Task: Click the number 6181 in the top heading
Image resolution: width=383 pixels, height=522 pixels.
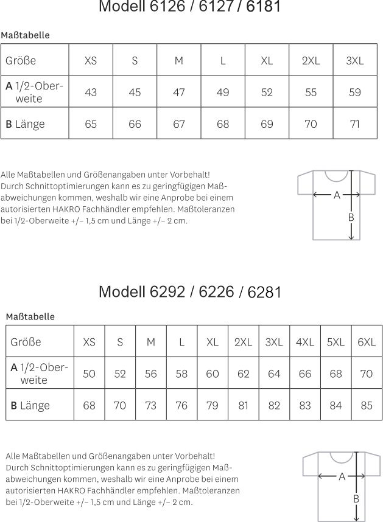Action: coord(264,7)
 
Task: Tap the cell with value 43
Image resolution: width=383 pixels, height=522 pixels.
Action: coord(91,92)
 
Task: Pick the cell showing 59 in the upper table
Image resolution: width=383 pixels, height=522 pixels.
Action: coord(354,92)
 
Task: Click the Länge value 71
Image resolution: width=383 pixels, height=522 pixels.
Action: coord(354,124)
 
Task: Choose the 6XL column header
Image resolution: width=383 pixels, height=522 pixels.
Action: coord(367,342)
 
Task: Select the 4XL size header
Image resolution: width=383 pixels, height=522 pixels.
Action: coord(304,342)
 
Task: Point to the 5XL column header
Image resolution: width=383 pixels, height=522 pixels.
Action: coord(336,342)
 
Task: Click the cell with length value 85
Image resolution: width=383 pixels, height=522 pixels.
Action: coord(367,405)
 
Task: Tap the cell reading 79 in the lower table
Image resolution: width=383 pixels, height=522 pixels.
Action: coord(212,405)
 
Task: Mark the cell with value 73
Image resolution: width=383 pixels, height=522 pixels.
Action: coord(150,405)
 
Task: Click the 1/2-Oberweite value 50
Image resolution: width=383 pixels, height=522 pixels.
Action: coord(89,374)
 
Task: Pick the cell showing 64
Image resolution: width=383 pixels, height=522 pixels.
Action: coord(274,374)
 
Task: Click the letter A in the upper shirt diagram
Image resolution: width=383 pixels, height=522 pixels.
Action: coord(337,195)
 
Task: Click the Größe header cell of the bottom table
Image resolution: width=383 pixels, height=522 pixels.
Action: coord(26,342)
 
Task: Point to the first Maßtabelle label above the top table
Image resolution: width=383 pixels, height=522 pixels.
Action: coord(25,35)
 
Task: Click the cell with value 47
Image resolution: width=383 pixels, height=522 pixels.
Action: coord(179,92)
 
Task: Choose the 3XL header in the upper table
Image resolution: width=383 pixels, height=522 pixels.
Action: coord(354,61)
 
